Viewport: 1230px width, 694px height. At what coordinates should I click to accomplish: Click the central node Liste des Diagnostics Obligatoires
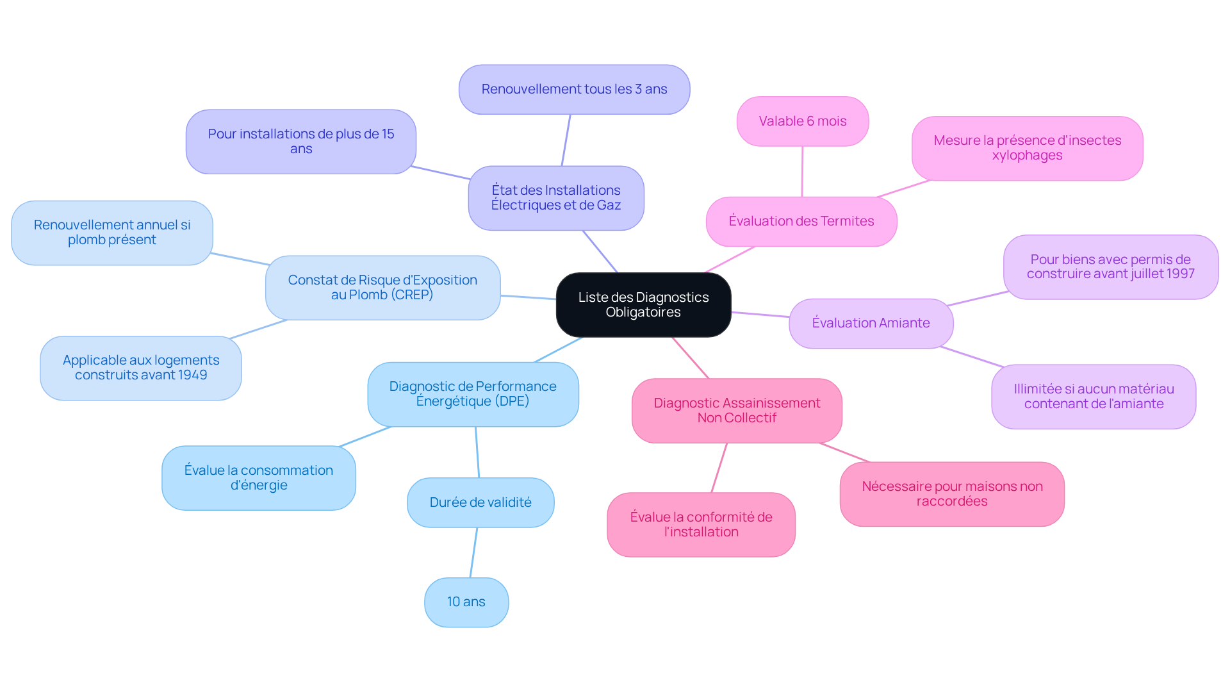tap(643, 305)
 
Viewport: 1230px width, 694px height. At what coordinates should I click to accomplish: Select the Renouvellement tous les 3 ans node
tap(574, 90)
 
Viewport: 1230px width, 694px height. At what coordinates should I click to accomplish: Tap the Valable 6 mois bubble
tap(803, 121)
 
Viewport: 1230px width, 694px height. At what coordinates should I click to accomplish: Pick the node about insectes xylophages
tap(1027, 148)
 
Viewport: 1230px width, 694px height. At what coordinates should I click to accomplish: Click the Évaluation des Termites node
tap(801, 221)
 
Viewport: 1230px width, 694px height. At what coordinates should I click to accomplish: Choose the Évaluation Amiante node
tap(871, 324)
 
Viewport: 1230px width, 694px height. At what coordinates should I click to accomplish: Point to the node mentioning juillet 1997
tap(1110, 267)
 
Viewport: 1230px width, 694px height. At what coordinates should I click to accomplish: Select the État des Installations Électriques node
tap(556, 198)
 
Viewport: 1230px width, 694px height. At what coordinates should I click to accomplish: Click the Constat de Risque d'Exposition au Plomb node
tap(382, 288)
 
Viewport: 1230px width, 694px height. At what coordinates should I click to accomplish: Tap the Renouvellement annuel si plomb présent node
tap(112, 233)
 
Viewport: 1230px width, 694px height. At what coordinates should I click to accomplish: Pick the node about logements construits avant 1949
tap(141, 368)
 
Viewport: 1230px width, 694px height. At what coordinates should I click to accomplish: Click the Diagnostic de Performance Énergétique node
tap(473, 394)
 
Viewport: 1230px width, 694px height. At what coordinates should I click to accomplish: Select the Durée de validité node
tap(480, 502)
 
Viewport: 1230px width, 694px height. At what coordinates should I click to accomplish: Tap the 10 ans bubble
tap(466, 602)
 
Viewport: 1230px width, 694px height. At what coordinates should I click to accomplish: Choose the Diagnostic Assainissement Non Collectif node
tap(737, 411)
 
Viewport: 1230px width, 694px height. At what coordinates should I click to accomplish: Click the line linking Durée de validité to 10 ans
tap(473, 552)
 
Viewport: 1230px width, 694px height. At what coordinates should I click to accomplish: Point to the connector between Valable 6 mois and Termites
tap(802, 172)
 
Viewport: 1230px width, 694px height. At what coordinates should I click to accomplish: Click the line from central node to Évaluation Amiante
tap(760, 315)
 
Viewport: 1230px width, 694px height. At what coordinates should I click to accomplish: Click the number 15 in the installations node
tap(388, 134)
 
